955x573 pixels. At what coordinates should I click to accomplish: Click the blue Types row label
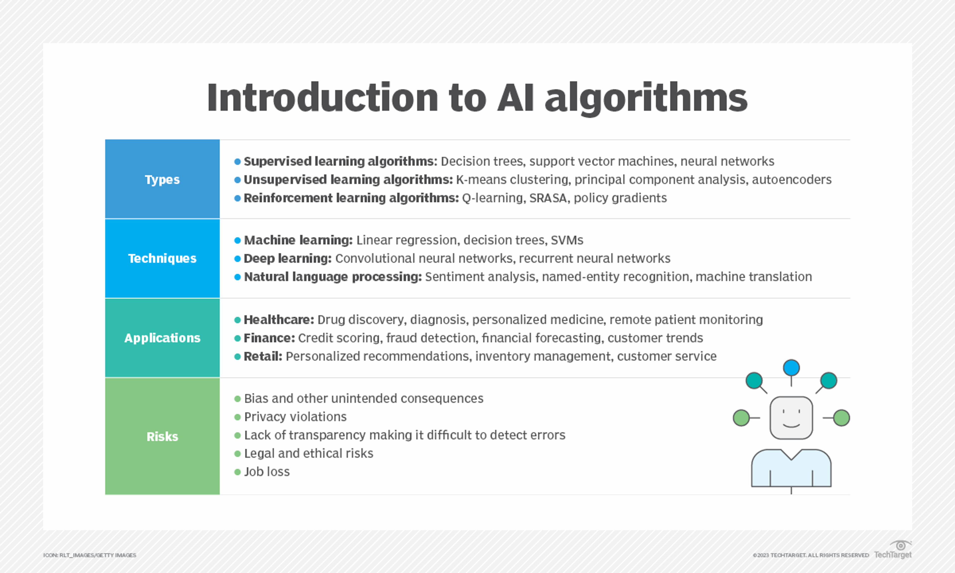[x=162, y=180]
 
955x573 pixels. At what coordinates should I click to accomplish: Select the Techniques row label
[x=162, y=258]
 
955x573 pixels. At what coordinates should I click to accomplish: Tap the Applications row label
[x=162, y=338]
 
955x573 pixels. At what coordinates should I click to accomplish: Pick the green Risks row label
[x=162, y=436]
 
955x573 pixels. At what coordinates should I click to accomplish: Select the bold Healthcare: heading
[x=279, y=320]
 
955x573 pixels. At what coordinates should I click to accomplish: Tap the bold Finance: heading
[x=269, y=338]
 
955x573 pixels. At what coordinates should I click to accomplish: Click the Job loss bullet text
[x=267, y=472]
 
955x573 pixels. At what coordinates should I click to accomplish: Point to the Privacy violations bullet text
[x=295, y=417]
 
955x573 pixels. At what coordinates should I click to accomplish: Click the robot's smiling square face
[x=791, y=418]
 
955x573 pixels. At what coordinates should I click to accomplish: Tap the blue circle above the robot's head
[x=791, y=368]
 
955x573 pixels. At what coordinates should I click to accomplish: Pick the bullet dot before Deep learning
[x=238, y=258]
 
